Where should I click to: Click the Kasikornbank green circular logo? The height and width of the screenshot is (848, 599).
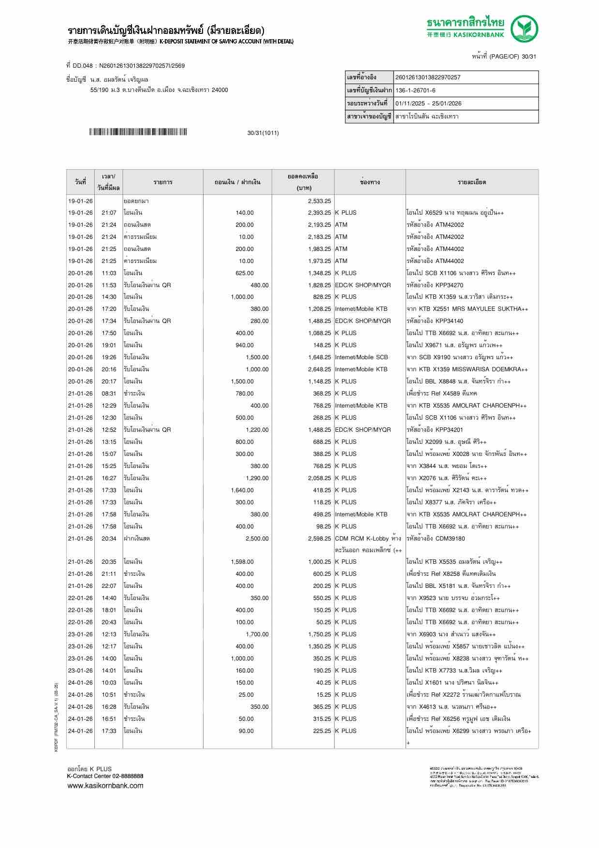tap(525, 29)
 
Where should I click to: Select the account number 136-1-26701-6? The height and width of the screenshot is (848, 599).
tap(415, 90)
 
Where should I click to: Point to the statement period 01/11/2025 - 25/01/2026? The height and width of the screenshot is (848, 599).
tap(428, 103)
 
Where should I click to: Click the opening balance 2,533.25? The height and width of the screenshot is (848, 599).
tap(319, 201)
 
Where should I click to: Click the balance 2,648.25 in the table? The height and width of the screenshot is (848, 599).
tap(319, 369)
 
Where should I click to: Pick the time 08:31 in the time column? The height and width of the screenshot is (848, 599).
tap(109, 394)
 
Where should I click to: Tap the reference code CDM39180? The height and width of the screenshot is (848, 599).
tap(450, 539)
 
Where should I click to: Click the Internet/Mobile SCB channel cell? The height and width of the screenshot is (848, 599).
tap(361, 357)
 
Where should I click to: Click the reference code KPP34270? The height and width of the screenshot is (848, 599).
tap(449, 285)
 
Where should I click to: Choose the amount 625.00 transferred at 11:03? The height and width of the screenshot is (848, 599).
tap(244, 273)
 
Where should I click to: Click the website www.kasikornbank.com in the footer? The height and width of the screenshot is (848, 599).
tap(105, 786)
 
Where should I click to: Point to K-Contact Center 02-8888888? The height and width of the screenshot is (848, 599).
tap(105, 776)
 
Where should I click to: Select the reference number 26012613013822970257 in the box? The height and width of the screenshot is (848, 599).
tap(428, 77)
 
